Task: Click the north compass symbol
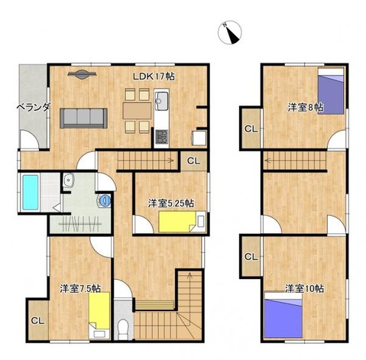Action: [x=230, y=32]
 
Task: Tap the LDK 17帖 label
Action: [x=154, y=76]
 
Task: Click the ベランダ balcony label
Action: [x=33, y=107]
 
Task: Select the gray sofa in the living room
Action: [x=83, y=118]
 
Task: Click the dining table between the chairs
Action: [x=137, y=111]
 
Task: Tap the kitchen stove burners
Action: [x=161, y=136]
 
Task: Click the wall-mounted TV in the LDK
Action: [x=82, y=74]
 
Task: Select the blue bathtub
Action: [x=31, y=193]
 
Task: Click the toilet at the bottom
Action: [x=124, y=329]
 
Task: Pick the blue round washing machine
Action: [x=105, y=200]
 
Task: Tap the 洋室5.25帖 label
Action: [x=171, y=203]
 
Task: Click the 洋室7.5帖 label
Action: [x=80, y=288]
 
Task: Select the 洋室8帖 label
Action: [x=306, y=107]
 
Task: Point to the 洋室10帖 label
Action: [x=304, y=289]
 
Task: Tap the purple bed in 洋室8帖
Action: [x=331, y=91]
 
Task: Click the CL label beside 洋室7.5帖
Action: [x=37, y=321]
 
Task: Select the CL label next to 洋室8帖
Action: [x=251, y=129]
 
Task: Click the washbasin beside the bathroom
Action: [x=68, y=180]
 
